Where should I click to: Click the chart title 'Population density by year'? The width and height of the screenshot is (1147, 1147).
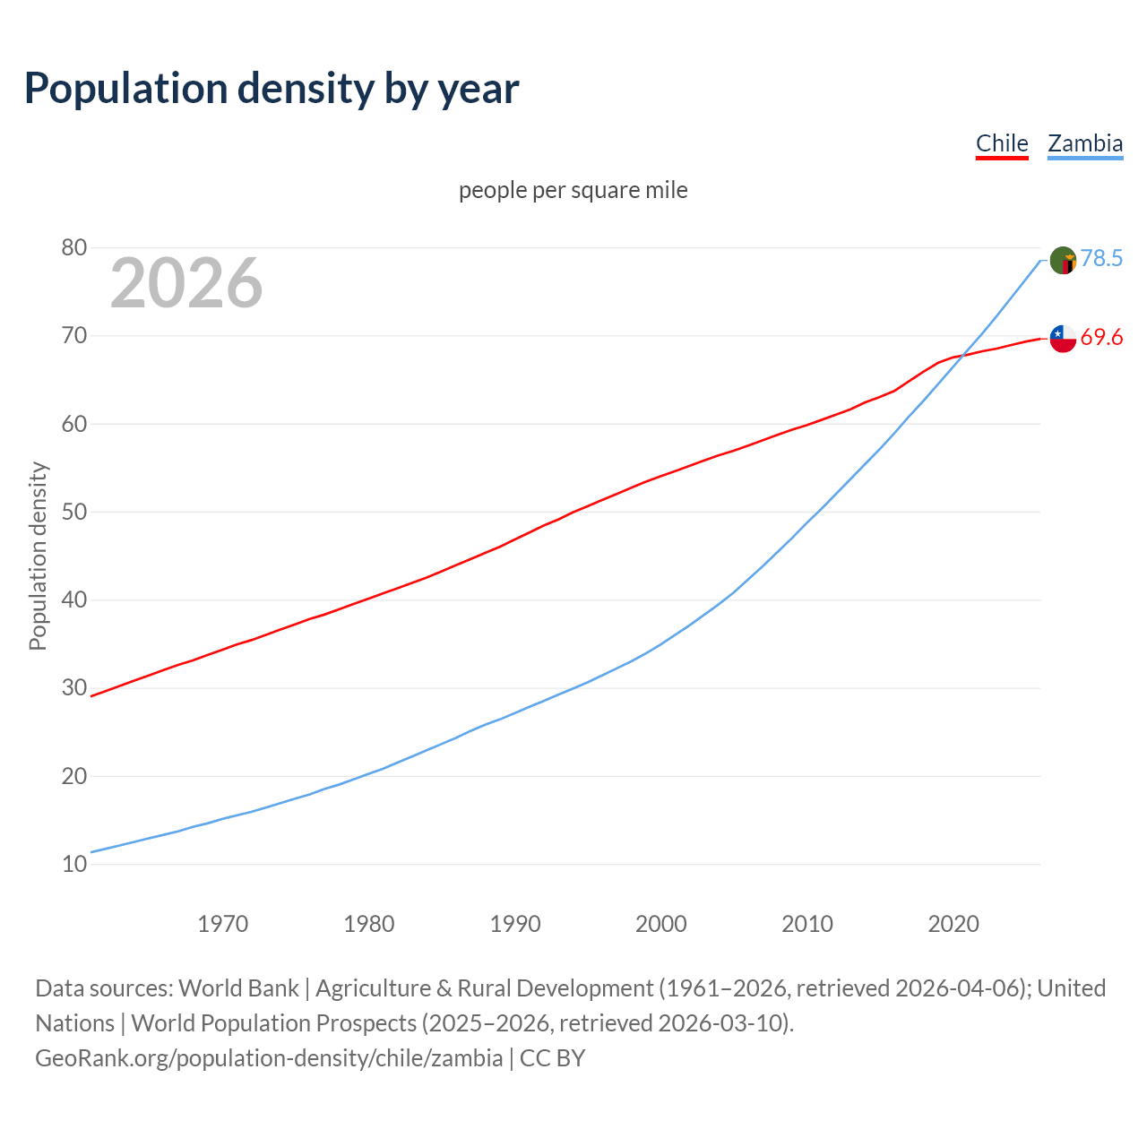[272, 88]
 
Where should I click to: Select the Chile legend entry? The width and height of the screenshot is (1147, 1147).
[1002, 143]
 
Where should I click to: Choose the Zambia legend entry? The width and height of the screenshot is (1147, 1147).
[1085, 143]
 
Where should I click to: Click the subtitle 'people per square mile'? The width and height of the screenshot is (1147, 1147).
[573, 190]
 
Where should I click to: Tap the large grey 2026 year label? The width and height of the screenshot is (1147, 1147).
[186, 283]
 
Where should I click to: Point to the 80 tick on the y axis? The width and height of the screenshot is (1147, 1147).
[73, 247]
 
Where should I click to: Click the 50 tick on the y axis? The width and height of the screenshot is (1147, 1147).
[73, 512]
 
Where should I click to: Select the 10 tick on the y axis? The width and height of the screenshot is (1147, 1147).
[73, 864]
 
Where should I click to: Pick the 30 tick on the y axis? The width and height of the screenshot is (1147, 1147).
[73, 688]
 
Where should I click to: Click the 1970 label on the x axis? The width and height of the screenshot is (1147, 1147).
[222, 924]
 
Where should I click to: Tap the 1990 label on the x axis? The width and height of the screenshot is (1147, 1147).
[515, 924]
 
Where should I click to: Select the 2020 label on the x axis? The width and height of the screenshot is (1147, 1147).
[953, 924]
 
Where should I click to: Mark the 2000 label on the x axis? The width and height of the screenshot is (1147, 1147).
[661, 924]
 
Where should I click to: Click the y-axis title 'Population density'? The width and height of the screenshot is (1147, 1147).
[38, 556]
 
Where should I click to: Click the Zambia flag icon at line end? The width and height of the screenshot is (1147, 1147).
[1063, 261]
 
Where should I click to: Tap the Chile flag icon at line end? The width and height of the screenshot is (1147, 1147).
[1063, 339]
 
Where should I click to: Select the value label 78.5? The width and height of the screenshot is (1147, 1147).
[1101, 259]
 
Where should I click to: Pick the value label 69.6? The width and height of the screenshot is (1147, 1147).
[1101, 338]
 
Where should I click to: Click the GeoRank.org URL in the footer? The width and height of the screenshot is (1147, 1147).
[269, 1058]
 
